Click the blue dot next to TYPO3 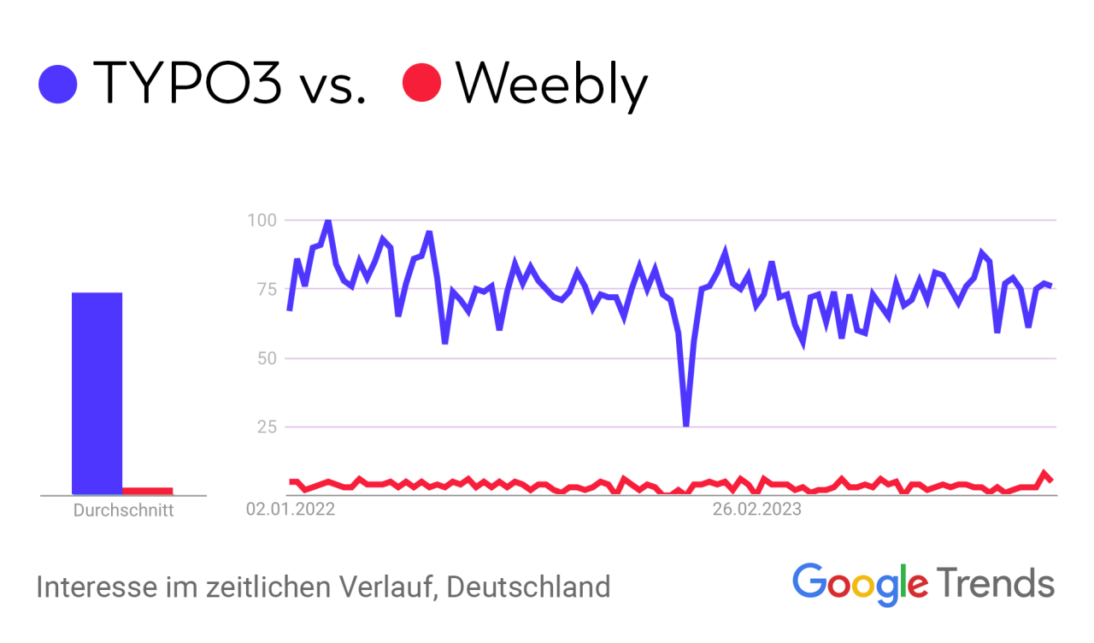pos(58,84)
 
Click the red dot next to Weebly pos(422,83)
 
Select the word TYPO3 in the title pos(187,84)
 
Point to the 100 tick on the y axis pos(262,221)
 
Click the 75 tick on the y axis pos(265,289)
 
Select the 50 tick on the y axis pos(265,358)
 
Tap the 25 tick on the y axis pos(265,427)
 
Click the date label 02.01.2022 pos(290,511)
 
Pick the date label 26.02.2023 pos(757,511)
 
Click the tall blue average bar pos(97,393)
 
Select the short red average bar pos(148,491)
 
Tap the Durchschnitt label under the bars pos(123,511)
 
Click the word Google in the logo pos(860,583)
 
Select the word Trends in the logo pos(996,583)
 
